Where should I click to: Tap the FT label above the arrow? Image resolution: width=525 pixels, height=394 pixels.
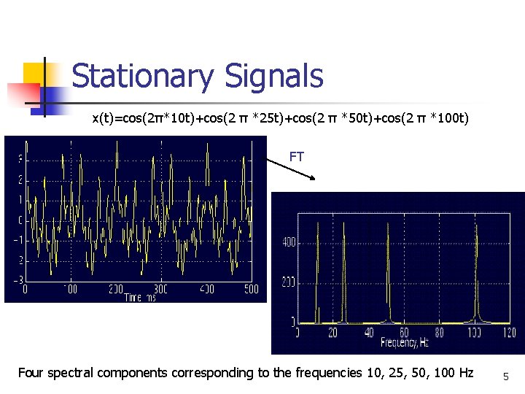(x=297, y=156)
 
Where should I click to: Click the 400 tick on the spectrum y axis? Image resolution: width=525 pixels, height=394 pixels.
(x=288, y=242)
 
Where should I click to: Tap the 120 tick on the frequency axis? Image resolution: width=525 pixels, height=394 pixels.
(x=510, y=333)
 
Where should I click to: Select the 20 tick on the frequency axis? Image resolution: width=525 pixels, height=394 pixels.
(x=333, y=333)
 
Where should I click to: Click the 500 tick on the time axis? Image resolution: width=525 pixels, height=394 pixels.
(x=251, y=290)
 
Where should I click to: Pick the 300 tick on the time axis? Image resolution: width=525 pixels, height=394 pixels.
(x=161, y=290)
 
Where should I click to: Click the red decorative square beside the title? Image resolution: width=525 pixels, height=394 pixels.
(x=23, y=93)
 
